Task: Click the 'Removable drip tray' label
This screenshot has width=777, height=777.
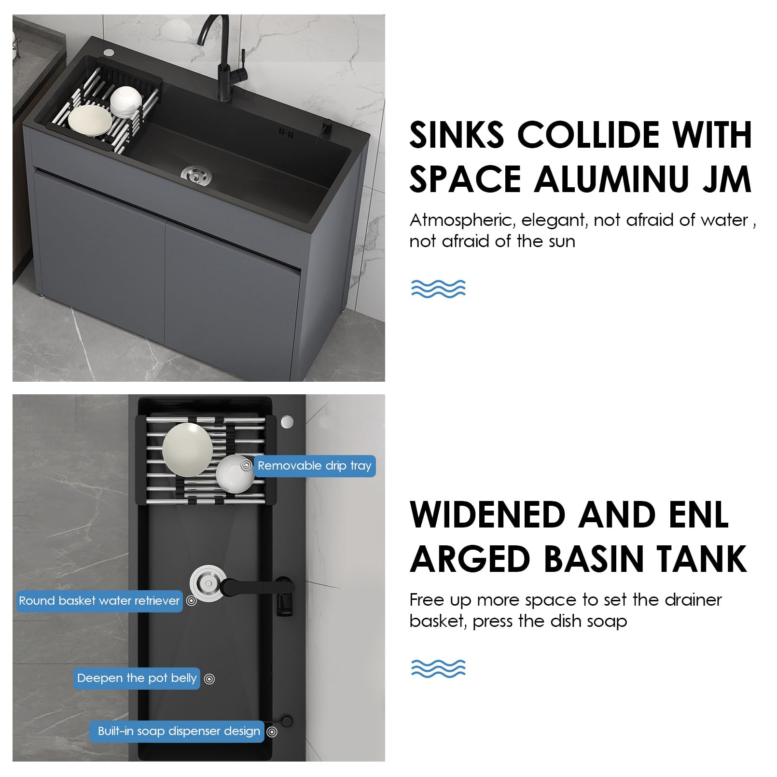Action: (315, 466)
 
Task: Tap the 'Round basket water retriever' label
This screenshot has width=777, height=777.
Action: (99, 601)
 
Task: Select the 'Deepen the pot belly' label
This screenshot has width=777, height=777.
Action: (137, 678)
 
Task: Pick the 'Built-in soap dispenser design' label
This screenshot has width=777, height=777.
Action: (177, 731)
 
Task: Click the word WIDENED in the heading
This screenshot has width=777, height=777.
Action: (487, 514)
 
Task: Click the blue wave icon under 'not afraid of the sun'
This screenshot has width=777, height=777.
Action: (438, 288)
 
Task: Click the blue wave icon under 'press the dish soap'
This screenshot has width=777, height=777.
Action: (438, 668)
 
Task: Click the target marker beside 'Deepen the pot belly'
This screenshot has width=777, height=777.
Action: (209, 679)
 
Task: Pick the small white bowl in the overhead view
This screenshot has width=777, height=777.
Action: (235, 474)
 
